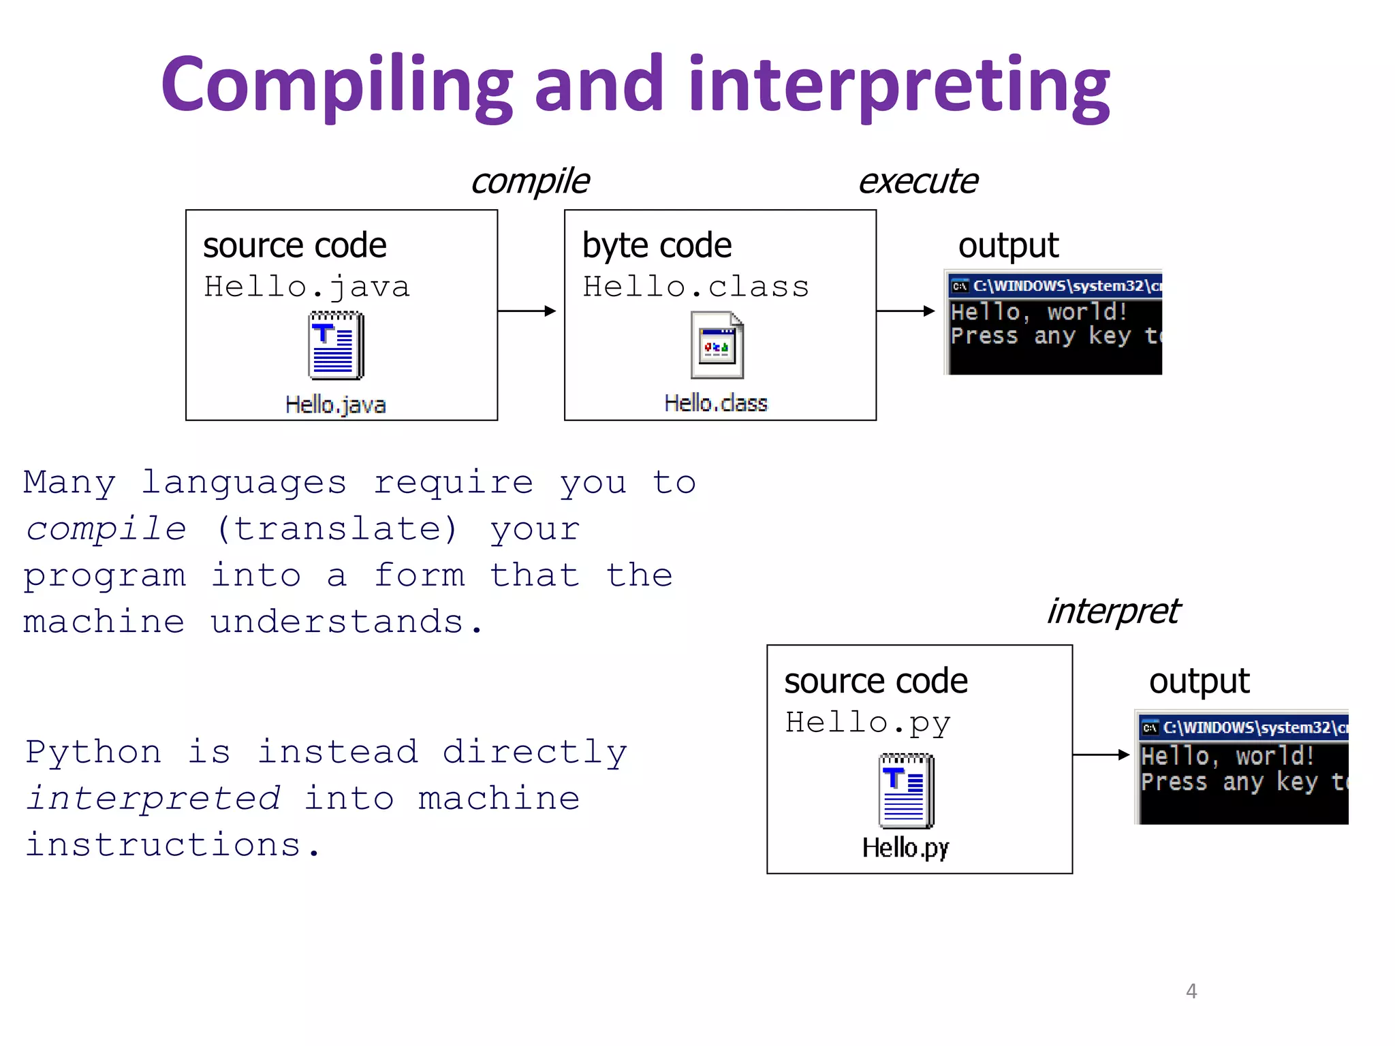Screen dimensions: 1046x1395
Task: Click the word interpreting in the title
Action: coord(899,85)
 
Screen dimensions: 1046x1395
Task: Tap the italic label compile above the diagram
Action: coord(530,181)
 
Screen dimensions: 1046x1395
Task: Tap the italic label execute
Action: coord(918,181)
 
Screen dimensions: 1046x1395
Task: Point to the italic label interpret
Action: coord(1113,611)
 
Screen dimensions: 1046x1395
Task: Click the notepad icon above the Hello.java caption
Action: coord(336,345)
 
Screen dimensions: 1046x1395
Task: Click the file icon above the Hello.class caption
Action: coord(717,345)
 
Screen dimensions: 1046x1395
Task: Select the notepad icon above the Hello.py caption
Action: coord(906,790)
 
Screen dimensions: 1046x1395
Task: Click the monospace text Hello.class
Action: coord(696,287)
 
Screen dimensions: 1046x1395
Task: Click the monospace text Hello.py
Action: coord(868,723)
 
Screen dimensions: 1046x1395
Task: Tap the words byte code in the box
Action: coord(657,245)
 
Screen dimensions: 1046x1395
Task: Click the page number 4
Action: coord(1191,991)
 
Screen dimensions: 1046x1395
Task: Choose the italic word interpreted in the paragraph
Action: coord(153,798)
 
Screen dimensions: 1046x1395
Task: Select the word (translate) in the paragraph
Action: coord(337,529)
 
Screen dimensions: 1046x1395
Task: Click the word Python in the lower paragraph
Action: coord(94,752)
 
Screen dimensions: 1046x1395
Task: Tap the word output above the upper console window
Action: coord(1008,245)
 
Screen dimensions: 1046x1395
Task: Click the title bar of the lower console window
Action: coord(1243,727)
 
